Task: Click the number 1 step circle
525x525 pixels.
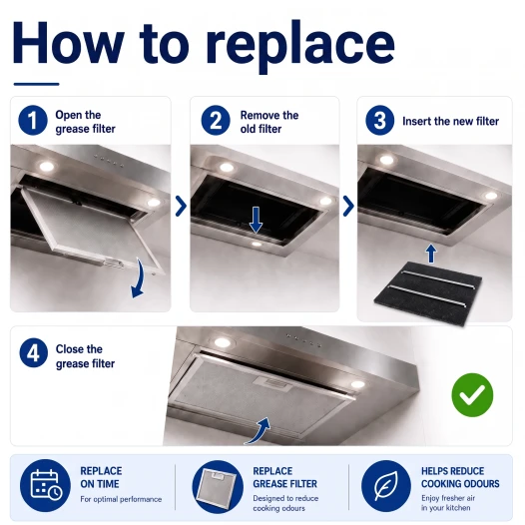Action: [33, 120]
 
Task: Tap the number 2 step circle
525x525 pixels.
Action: [216, 120]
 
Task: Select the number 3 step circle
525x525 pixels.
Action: [379, 120]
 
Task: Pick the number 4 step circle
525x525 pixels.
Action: [34, 353]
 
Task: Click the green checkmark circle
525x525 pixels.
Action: [472, 395]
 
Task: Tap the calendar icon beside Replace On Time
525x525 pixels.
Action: [45, 485]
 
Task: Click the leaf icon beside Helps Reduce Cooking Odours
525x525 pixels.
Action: [385, 486]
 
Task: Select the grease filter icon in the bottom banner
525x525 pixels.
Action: [218, 486]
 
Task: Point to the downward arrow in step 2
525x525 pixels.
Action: [256, 220]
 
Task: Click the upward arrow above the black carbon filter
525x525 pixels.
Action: [431, 254]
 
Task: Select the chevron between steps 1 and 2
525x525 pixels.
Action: [181, 206]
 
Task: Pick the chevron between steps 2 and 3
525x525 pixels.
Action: [348, 206]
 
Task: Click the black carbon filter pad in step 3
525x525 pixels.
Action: [428, 293]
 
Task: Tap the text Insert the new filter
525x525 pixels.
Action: [451, 121]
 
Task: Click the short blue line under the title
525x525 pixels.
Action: [37, 84]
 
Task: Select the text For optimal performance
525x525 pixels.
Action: [121, 499]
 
